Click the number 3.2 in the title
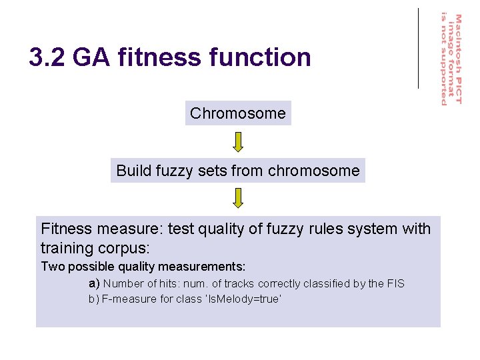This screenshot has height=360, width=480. point(47,58)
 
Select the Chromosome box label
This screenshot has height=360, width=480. point(238,113)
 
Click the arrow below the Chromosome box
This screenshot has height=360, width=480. point(238,141)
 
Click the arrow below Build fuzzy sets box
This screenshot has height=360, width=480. point(238,198)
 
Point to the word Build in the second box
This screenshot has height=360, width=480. point(133,171)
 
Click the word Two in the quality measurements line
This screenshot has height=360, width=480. point(52,267)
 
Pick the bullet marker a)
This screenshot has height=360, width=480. point(94,283)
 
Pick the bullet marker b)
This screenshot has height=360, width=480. point(94,299)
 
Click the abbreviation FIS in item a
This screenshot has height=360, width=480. point(395,283)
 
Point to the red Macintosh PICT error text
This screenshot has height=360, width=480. point(451,59)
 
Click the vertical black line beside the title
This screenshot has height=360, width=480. point(419,48)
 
